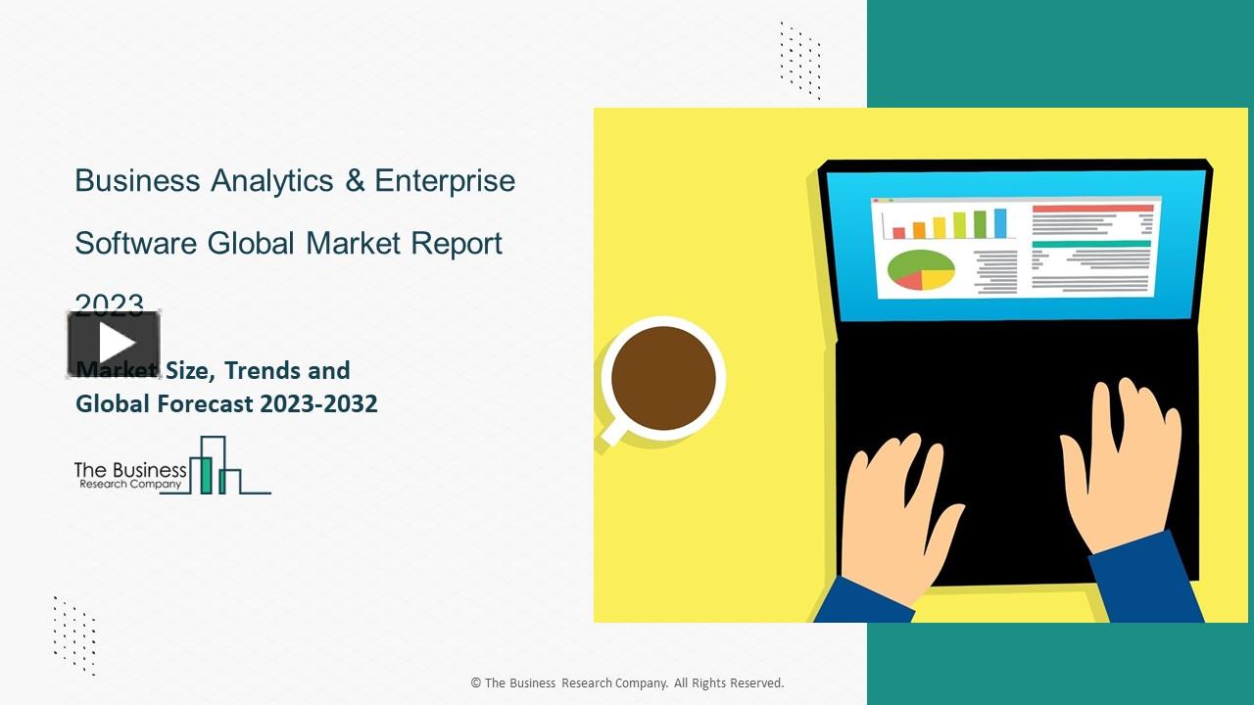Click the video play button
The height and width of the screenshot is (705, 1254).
click(114, 344)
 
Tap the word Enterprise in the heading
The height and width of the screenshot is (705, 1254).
click(445, 182)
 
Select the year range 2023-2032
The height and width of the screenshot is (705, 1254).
click(317, 403)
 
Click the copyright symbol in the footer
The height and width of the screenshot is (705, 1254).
click(476, 683)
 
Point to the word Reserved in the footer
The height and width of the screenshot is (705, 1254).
click(755, 683)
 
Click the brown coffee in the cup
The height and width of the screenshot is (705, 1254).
click(663, 378)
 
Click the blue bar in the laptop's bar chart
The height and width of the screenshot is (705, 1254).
click(1000, 222)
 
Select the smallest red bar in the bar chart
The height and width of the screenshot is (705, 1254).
click(898, 232)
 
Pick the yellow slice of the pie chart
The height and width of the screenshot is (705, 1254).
click(938, 278)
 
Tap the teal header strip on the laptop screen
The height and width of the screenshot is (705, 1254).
click(1091, 244)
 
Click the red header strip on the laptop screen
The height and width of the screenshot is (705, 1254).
click(1093, 209)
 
